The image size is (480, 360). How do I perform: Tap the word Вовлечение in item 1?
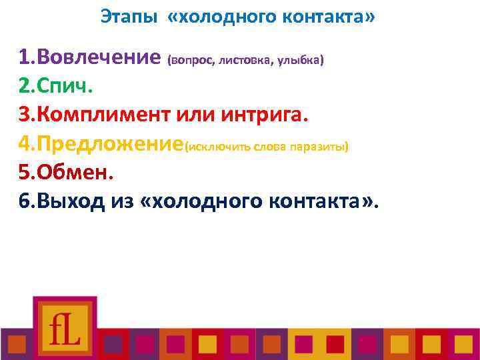coord(100,58)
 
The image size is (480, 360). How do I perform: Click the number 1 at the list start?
coord(25,58)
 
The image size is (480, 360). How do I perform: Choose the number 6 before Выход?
coord(25,201)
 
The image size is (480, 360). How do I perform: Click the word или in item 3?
coord(198,115)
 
